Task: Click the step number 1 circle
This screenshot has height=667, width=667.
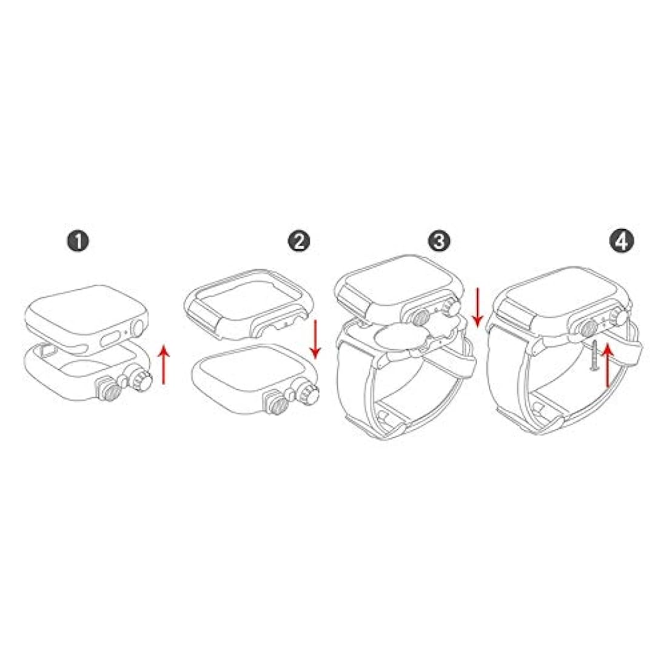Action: point(78,241)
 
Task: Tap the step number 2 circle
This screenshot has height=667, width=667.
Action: point(299,241)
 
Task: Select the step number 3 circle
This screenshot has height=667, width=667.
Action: point(439,241)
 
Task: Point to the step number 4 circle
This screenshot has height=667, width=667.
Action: point(622,241)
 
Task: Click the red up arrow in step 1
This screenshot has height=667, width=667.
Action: point(164,365)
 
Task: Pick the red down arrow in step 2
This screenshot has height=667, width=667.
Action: point(315,339)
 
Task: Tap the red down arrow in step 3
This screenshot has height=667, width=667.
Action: point(478,307)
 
